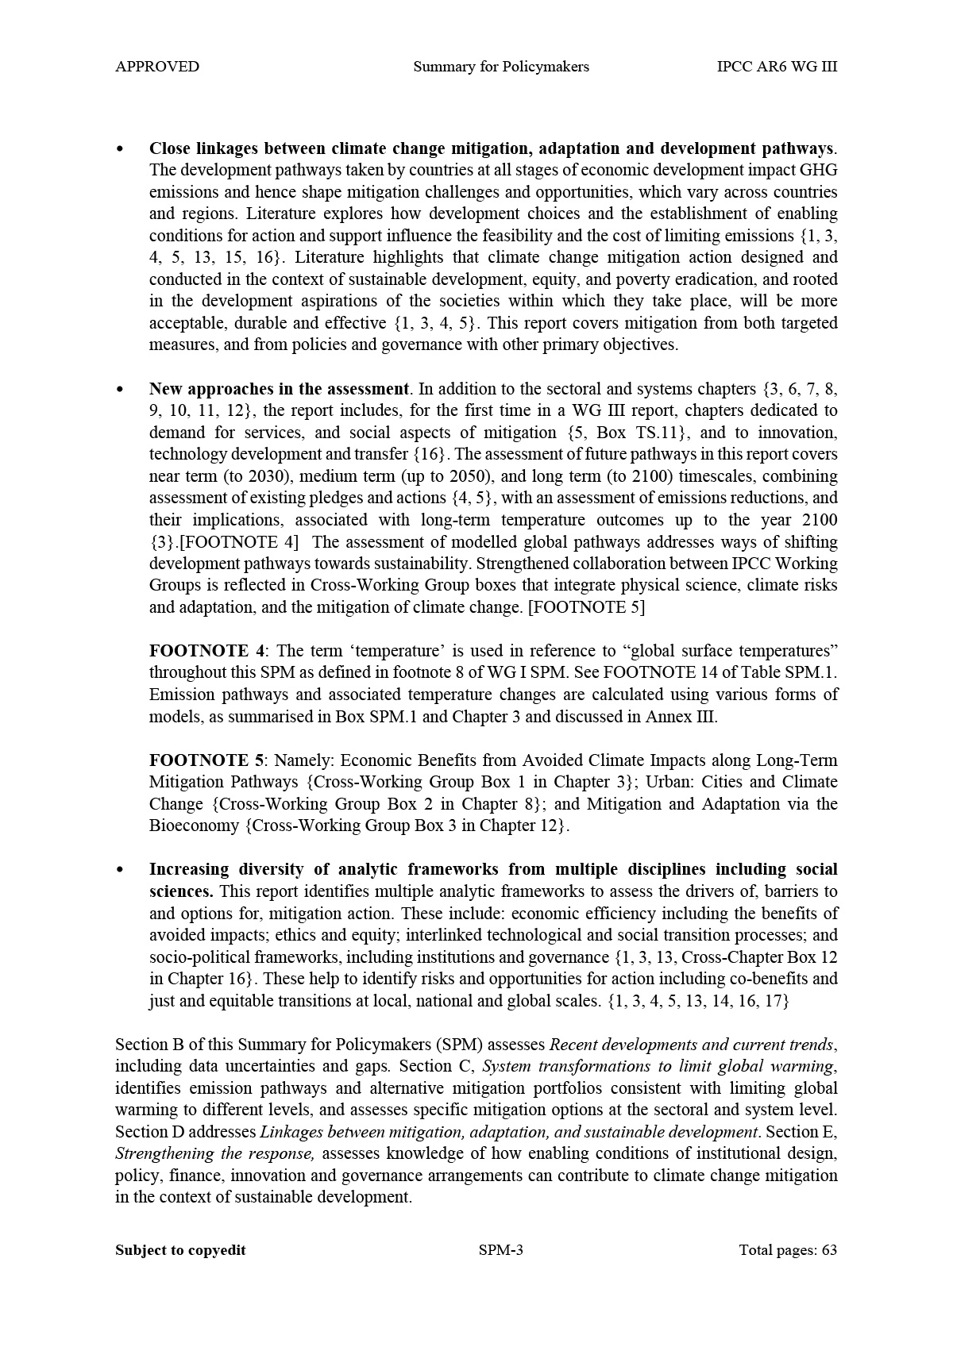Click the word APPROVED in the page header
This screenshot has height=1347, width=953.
point(157,67)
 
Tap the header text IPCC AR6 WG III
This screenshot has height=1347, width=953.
point(776,67)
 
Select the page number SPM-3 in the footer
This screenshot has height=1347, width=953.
point(501,1250)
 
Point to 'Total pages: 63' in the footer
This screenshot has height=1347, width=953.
point(788,1250)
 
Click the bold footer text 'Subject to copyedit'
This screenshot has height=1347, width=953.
point(180,1250)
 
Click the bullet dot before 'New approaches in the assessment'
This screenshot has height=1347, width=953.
point(120,389)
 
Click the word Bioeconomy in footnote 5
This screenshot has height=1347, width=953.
point(195,826)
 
